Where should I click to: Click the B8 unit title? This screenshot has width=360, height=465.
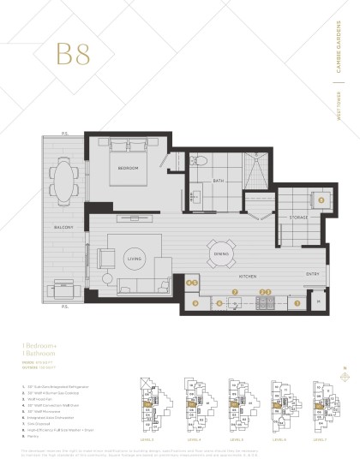point(73,53)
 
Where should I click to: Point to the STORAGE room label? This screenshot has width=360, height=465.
point(297,218)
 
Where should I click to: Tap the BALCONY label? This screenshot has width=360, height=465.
point(62,227)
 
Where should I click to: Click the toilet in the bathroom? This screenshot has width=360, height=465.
point(198,159)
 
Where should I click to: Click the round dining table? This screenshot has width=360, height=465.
point(219,253)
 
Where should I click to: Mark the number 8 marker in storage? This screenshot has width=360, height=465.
point(321,200)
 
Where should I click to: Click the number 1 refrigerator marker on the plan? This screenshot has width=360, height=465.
point(297,301)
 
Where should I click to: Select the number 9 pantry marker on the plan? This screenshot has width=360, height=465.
point(196,301)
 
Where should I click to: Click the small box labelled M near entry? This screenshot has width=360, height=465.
point(317,301)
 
